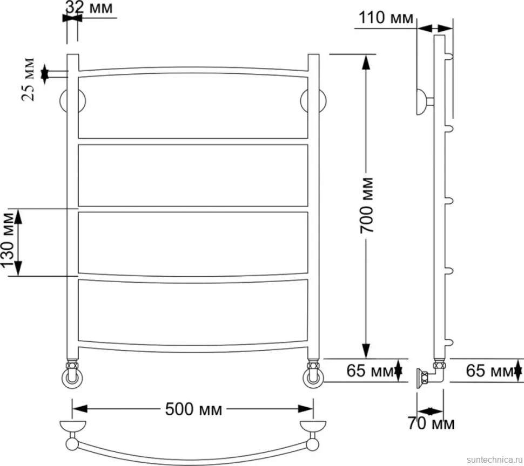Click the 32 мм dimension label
click(89, 8)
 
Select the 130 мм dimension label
click(8, 241)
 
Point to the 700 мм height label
click(367, 205)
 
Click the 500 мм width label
click(193, 409)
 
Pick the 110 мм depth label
click(386, 18)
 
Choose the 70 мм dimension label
click(431, 423)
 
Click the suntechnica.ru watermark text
click(495, 460)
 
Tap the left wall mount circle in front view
click(72, 101)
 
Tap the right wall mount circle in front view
click(313, 101)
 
